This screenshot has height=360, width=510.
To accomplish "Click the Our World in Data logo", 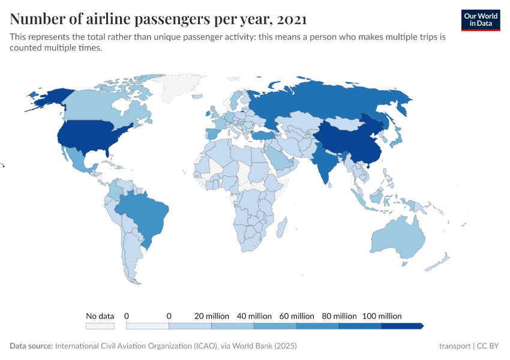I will [x=481, y=20].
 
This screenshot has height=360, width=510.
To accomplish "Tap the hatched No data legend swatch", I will [x=100, y=326].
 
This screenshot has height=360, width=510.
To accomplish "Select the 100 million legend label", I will [x=382, y=316].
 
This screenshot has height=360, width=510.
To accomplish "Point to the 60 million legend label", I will [x=296, y=316].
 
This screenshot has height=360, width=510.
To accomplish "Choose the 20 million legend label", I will [x=211, y=316].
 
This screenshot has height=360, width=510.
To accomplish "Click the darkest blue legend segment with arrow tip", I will [x=402, y=326].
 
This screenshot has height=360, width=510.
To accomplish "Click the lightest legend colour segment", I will [x=148, y=326].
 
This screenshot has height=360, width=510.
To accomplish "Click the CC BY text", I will [x=487, y=346].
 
